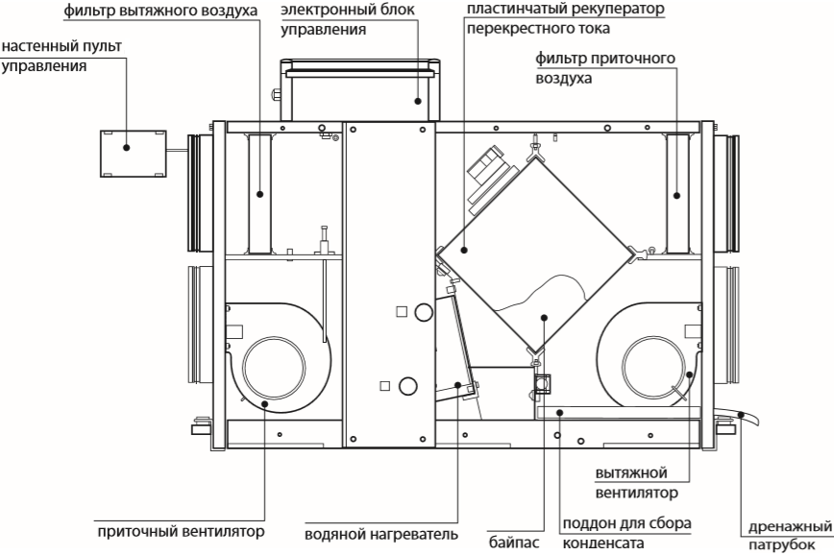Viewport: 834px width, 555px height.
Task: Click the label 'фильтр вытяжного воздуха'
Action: coord(161,12)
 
